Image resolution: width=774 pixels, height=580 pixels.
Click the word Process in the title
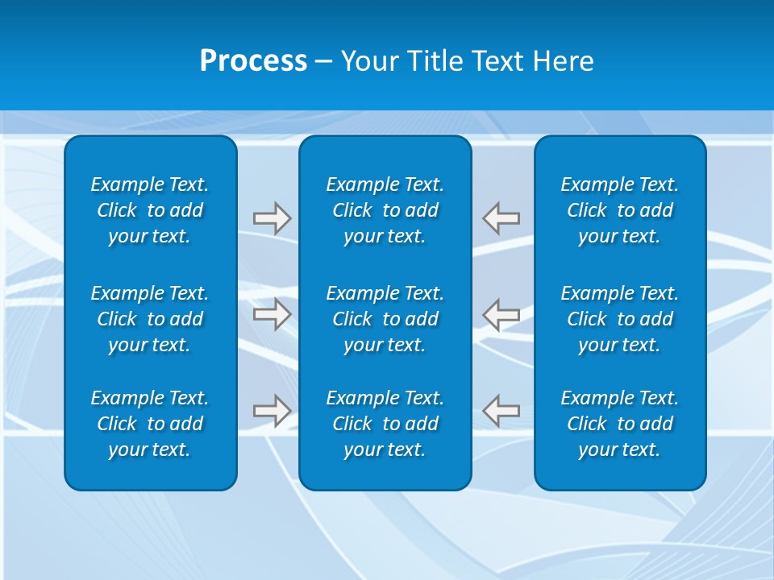click(x=253, y=61)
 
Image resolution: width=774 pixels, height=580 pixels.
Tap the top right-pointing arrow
click(x=272, y=218)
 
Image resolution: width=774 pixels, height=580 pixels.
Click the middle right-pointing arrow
click(x=272, y=314)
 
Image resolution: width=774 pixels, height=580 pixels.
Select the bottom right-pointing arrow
click(x=272, y=411)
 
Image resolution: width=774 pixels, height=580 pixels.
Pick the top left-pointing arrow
click(x=501, y=218)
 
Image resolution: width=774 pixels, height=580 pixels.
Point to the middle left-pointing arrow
click(x=501, y=314)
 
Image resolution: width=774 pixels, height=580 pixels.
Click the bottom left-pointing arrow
click(x=501, y=411)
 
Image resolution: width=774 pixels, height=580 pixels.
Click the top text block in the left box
click(x=150, y=210)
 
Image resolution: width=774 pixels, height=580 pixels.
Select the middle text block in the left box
click(x=150, y=319)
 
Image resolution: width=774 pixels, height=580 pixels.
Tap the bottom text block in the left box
click(x=150, y=424)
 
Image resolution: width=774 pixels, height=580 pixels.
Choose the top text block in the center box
click(x=385, y=210)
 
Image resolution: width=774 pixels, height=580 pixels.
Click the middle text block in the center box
click(x=385, y=319)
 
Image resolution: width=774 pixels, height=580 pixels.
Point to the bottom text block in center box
click(x=385, y=424)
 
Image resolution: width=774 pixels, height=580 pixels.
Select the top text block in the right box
click(x=619, y=210)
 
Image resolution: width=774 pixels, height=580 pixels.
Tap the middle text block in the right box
click(x=619, y=319)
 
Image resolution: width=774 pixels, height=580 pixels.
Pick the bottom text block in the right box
click(x=619, y=424)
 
